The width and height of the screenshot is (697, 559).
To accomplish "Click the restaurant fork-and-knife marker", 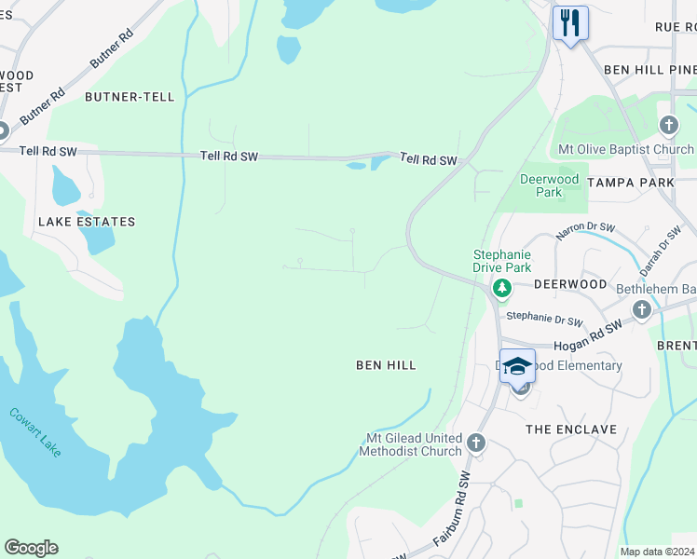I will [570, 22].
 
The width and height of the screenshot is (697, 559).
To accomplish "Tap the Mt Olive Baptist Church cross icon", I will [668, 126].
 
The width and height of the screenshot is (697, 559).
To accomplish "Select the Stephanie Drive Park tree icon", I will [502, 289].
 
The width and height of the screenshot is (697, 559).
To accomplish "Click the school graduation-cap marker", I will [517, 366].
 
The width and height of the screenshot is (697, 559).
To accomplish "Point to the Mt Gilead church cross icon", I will [476, 443].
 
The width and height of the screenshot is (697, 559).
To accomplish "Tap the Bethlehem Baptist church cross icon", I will [641, 309].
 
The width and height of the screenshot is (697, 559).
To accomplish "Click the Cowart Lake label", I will [35, 431].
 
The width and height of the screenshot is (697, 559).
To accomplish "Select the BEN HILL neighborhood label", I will [386, 366].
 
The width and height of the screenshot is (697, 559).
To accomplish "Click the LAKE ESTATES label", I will [87, 222].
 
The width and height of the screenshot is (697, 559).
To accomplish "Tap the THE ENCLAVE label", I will [571, 429].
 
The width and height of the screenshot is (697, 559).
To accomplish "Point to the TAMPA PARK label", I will [631, 183].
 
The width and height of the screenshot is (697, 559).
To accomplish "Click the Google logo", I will [31, 548].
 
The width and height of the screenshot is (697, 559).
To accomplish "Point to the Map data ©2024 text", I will [657, 552].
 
